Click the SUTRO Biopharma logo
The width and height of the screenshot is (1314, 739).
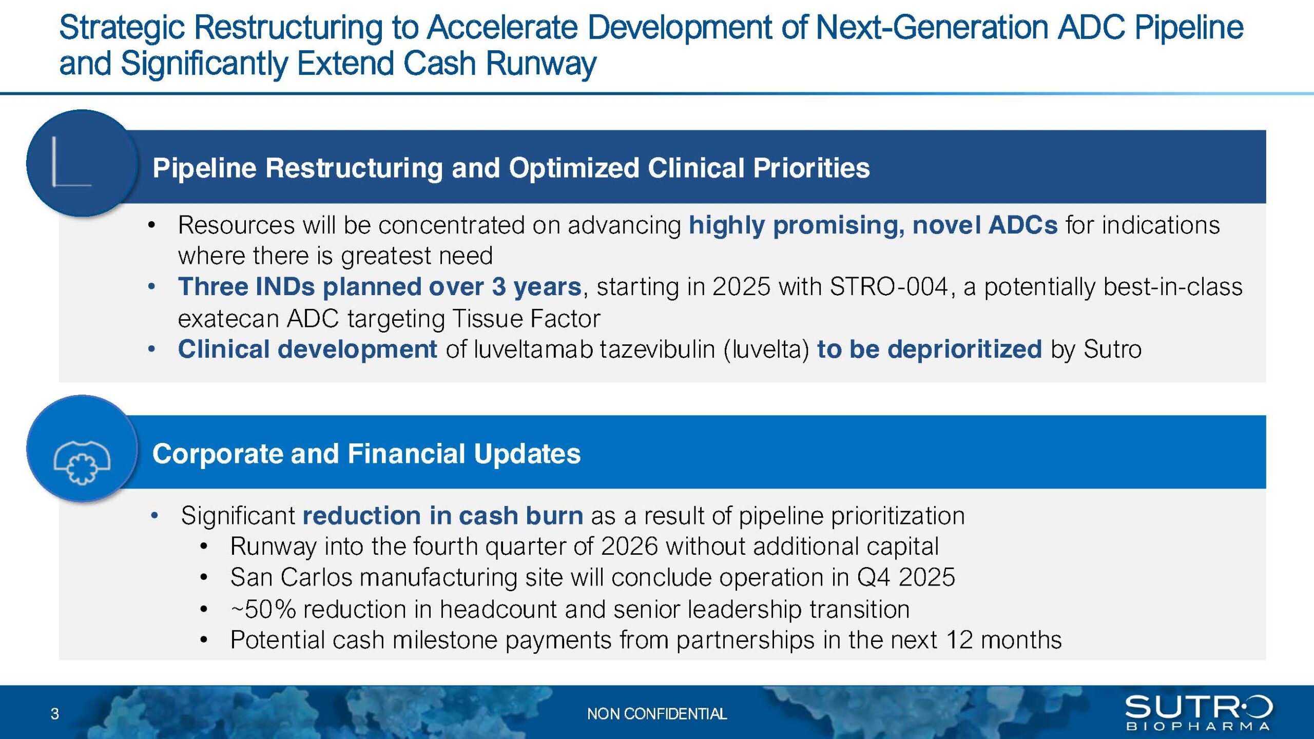tap(1198, 712)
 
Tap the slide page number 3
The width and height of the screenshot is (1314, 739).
tap(55, 714)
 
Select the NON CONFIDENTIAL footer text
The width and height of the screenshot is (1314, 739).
tap(657, 714)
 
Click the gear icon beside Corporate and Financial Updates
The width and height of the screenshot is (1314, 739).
tap(82, 462)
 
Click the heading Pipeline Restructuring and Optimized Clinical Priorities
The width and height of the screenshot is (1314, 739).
tap(511, 168)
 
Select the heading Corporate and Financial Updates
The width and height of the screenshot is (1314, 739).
tap(366, 454)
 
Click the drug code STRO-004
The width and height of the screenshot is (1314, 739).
tap(888, 286)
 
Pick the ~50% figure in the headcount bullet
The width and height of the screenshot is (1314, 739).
tap(263, 609)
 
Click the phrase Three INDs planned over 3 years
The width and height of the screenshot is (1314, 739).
tap(380, 286)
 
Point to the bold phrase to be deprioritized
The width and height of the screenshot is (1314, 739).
tap(930, 349)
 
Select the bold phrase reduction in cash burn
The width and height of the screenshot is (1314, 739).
tap(443, 515)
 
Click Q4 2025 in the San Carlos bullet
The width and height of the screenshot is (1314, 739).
tap(906, 577)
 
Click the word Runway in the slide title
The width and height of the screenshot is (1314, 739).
tap(540, 64)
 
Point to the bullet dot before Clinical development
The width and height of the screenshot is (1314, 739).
tap(151, 349)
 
